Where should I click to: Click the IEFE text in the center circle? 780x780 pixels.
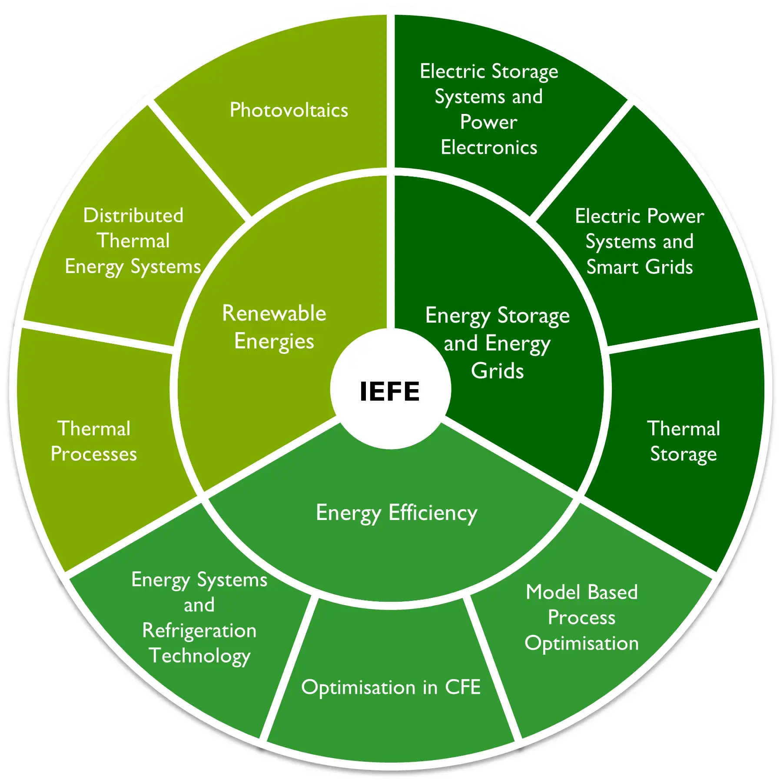(x=390, y=391)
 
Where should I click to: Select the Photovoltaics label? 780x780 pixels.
(x=289, y=110)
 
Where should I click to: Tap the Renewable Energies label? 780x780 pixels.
(x=274, y=327)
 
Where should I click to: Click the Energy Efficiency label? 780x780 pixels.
(x=396, y=513)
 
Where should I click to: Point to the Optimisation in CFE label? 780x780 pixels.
(x=391, y=687)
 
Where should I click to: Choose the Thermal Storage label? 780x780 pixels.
(x=684, y=441)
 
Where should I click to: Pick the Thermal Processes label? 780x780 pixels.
(x=94, y=441)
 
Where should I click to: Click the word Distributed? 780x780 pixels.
(x=133, y=215)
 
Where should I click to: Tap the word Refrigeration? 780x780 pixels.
(x=199, y=630)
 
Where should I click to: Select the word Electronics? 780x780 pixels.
(x=489, y=147)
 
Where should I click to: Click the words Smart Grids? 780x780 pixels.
(x=640, y=267)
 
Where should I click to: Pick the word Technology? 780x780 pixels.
(x=199, y=656)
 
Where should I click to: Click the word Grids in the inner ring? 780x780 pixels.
(x=498, y=371)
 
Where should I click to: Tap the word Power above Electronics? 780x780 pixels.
(x=489, y=122)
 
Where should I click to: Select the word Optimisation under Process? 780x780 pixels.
(x=582, y=643)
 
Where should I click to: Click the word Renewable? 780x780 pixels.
(x=274, y=313)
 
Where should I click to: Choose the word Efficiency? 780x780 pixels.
(x=433, y=513)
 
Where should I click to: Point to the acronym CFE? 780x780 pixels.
(x=463, y=687)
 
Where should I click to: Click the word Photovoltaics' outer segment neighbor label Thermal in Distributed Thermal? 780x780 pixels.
(x=133, y=241)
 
